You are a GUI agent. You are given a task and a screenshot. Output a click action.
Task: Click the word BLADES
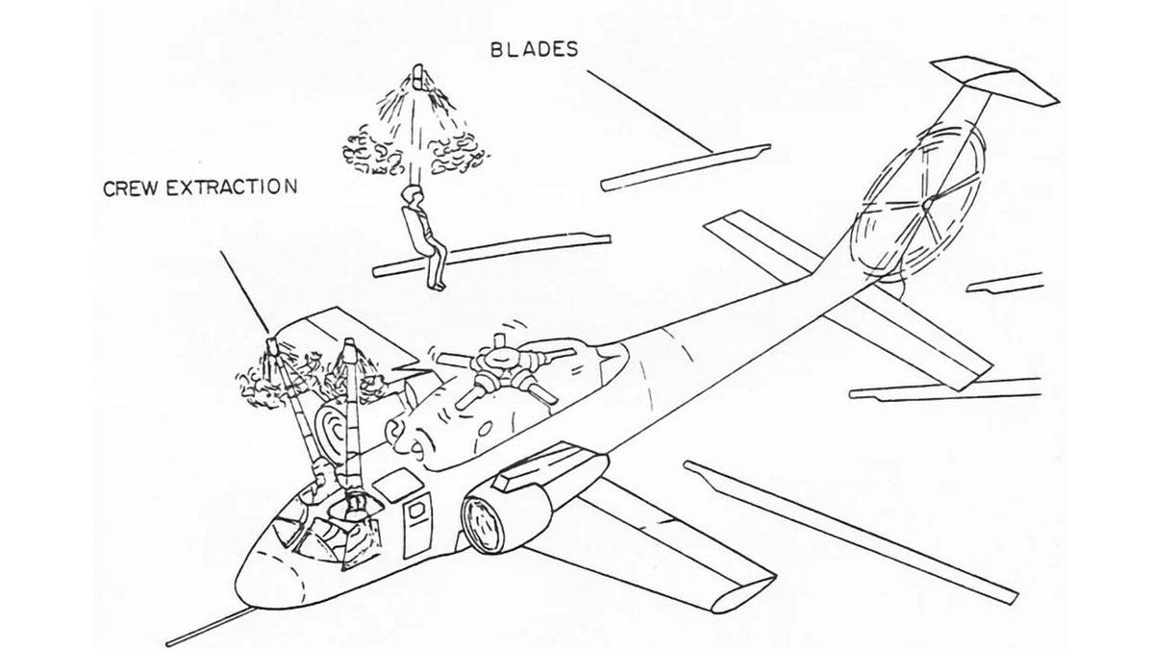534,50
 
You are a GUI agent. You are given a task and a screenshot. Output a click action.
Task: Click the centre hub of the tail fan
925,204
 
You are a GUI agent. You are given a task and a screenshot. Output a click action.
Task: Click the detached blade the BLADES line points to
685,164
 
